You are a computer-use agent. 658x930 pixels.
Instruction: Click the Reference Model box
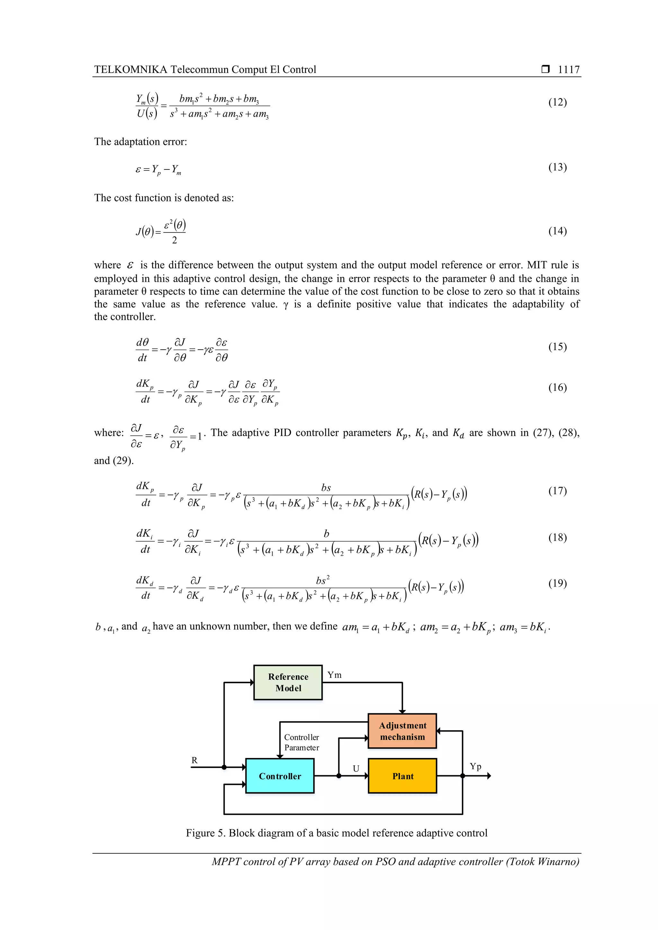[x=288, y=682]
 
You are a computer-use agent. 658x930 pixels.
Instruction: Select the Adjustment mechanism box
[x=402, y=731]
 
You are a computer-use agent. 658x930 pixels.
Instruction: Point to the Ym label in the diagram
[x=334, y=675]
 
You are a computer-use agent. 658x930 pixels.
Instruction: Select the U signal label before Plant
[x=356, y=769]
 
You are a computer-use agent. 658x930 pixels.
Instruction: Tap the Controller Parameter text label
[x=302, y=743]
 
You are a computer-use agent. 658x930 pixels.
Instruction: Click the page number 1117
[x=568, y=70]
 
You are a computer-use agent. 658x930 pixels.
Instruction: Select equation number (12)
[x=557, y=102]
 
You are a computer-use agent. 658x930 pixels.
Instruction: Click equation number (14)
[x=557, y=231]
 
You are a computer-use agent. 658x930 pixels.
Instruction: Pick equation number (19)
[x=557, y=583]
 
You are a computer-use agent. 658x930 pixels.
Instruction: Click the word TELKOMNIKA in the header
[x=130, y=70]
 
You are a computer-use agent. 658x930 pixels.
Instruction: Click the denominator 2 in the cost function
[x=174, y=240]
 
